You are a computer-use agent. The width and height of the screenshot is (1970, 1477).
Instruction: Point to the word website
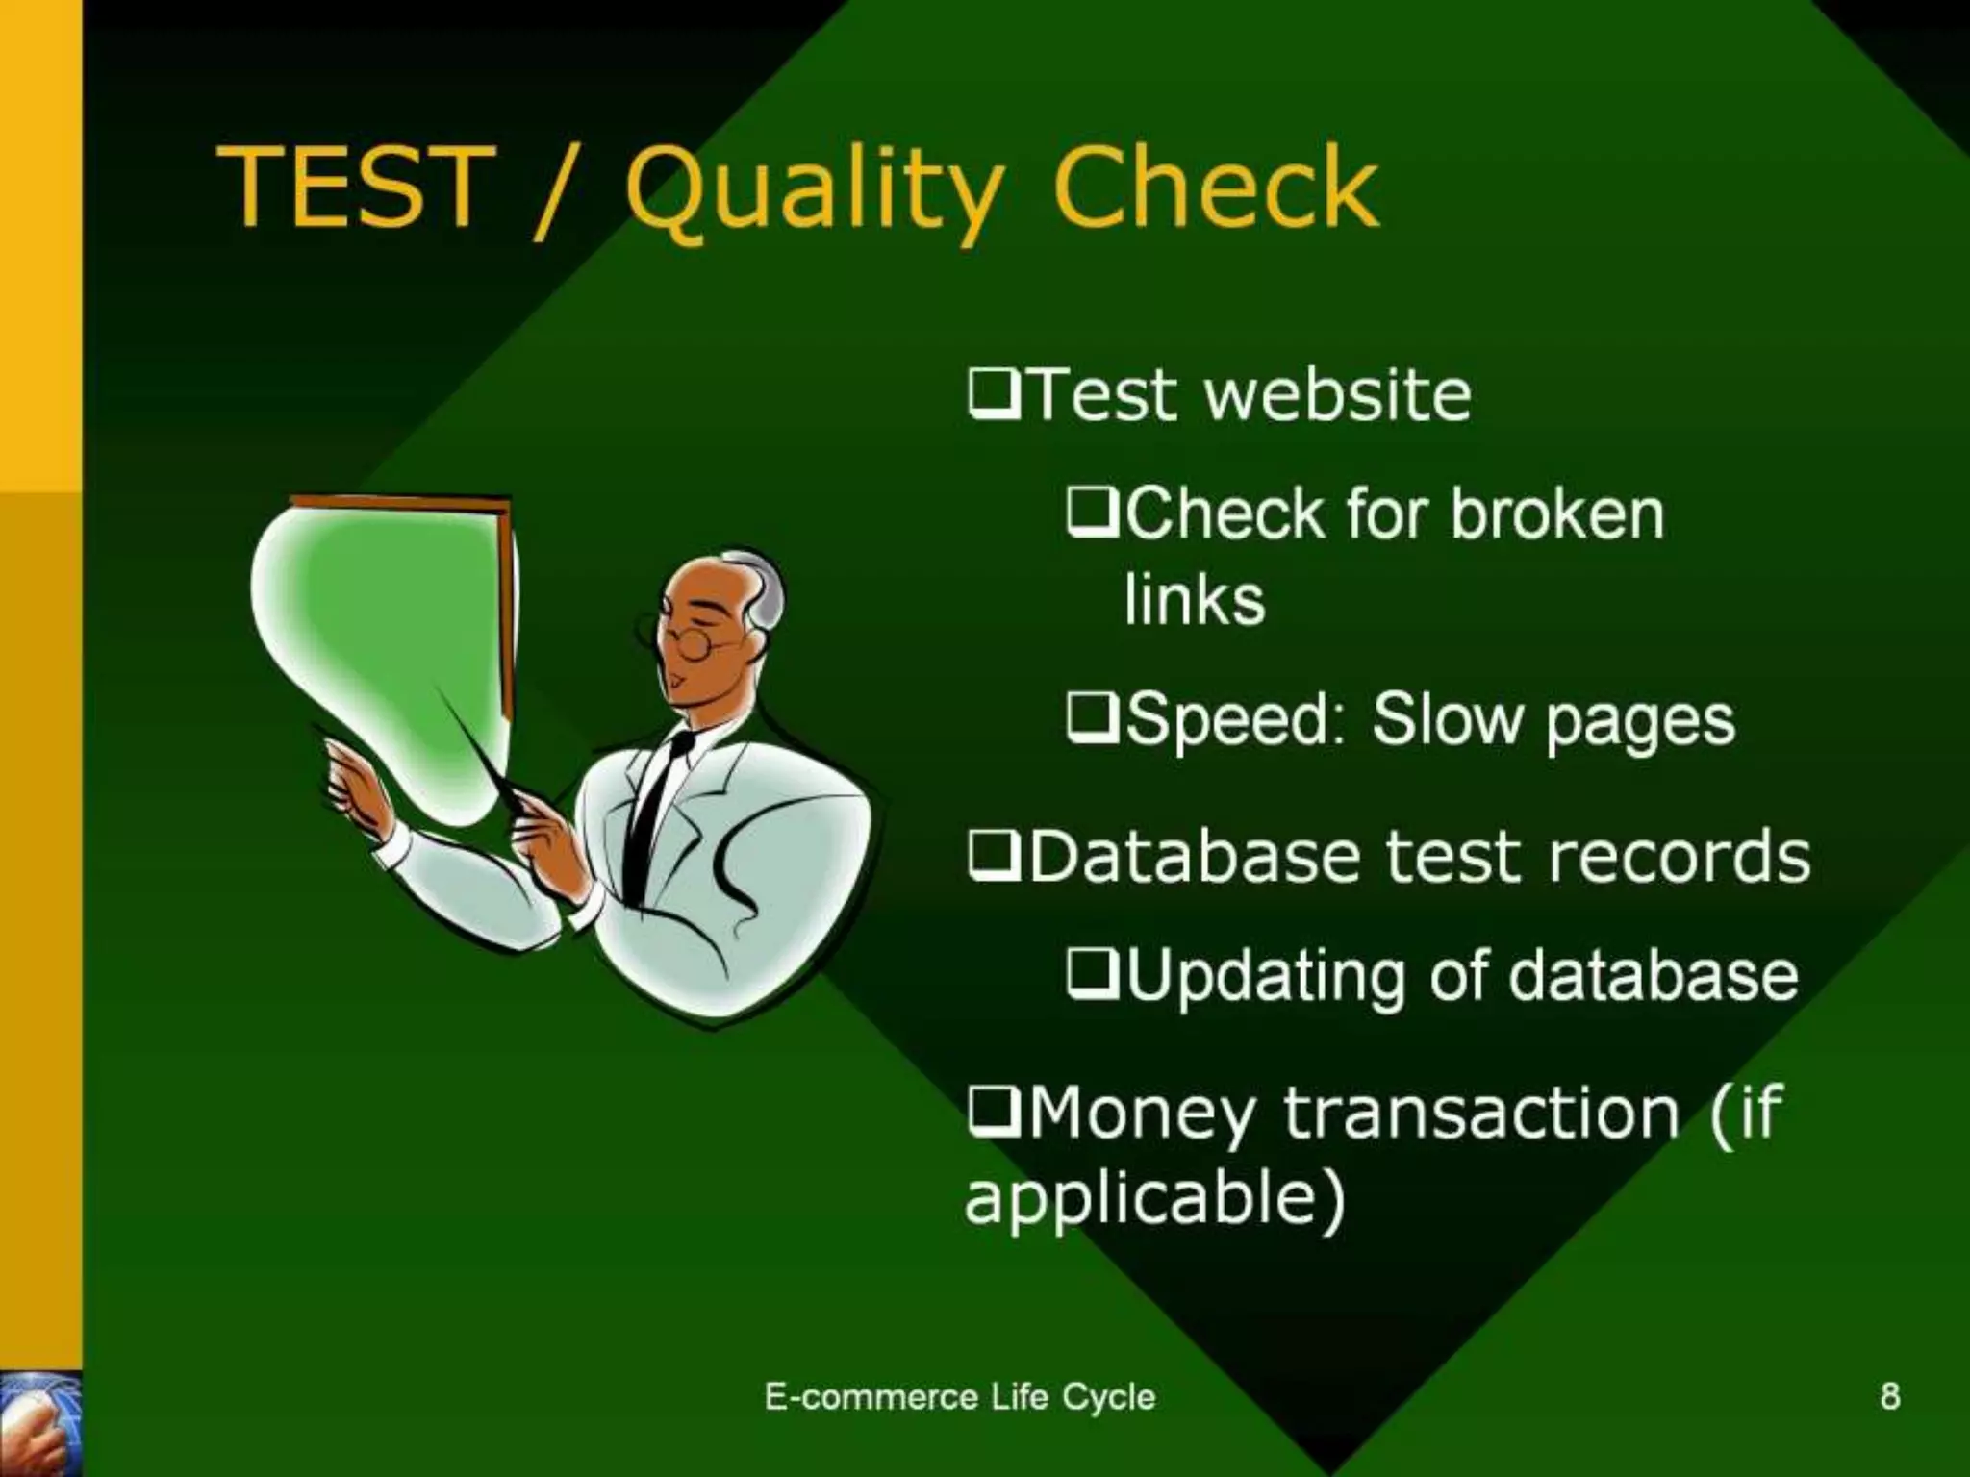[1336, 395]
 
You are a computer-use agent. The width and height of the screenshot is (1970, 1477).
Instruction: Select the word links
[1194, 600]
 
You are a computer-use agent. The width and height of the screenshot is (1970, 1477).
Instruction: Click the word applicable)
[1154, 1198]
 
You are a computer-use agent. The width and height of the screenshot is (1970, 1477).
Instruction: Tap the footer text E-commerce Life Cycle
[959, 1396]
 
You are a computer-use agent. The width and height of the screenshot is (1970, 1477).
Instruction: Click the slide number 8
[1889, 1396]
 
